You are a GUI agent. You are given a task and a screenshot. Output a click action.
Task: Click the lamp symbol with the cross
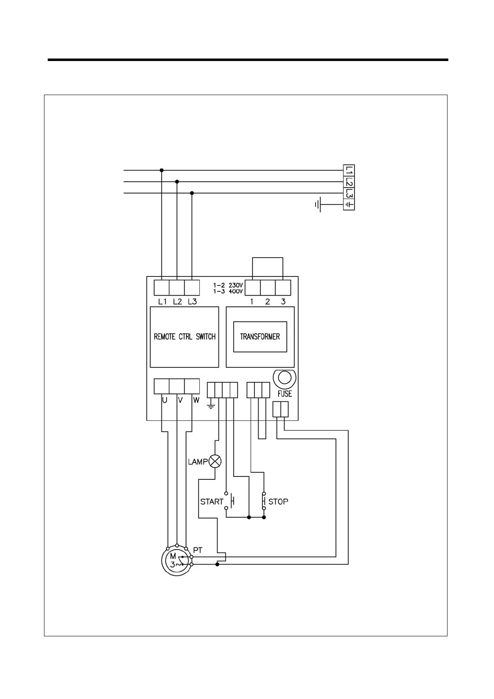[215, 461]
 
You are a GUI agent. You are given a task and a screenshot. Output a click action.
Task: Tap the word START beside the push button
[212, 502]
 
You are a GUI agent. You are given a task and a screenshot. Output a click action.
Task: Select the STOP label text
[278, 502]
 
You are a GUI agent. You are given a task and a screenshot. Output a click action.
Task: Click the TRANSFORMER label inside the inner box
[260, 337]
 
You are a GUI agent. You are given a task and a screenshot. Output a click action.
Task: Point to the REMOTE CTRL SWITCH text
[185, 337]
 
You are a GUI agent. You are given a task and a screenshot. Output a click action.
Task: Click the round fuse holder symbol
[284, 378]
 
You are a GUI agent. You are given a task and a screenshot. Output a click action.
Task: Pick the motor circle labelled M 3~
[176, 561]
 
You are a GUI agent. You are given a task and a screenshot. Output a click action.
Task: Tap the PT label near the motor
[198, 550]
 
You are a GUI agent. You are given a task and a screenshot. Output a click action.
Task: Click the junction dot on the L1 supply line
[161, 170]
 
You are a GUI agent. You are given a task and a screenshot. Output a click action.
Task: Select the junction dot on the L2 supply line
[177, 182]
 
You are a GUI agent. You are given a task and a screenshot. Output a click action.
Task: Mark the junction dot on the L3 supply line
[192, 193]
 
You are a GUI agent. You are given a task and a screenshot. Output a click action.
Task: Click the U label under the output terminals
[165, 401]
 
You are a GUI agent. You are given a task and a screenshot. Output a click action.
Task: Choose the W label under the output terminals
[196, 401]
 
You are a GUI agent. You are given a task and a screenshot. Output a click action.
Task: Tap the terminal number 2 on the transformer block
[267, 302]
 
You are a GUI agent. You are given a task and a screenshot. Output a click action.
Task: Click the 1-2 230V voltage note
[228, 286]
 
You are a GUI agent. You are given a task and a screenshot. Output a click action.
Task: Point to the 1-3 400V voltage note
[228, 291]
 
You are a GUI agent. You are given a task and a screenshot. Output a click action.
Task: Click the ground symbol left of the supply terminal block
[318, 205]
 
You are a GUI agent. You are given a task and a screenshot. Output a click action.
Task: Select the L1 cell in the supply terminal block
[349, 170]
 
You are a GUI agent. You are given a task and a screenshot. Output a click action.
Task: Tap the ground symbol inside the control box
[211, 405]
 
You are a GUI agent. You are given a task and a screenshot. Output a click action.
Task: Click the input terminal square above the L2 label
[177, 287]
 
